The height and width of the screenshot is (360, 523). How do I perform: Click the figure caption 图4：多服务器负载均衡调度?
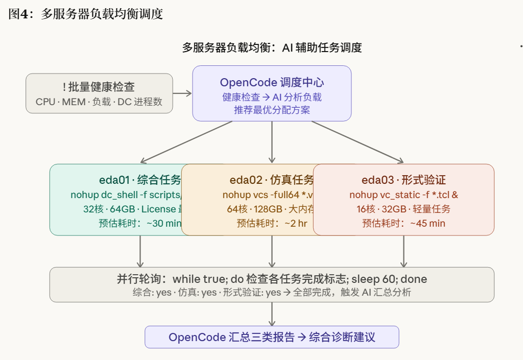tap(86, 14)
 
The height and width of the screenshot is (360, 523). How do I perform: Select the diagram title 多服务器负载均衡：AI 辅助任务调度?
tap(272, 48)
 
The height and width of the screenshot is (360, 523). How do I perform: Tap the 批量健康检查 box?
tap(99, 93)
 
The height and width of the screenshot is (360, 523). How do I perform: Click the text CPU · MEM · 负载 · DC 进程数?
tap(99, 102)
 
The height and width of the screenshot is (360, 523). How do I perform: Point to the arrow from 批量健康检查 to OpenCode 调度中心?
tap(182, 93)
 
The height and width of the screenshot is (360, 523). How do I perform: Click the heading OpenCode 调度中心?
tap(272, 83)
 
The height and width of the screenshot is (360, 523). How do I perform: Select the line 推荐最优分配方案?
tap(272, 110)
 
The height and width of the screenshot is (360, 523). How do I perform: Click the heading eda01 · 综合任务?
tap(140, 180)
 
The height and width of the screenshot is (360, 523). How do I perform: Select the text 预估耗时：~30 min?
tap(140, 223)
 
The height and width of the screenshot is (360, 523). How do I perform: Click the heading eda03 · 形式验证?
tap(403, 180)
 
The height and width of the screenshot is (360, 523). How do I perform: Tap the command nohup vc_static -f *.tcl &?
tap(403, 195)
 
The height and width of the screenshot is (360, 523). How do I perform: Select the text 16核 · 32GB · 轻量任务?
tap(403, 209)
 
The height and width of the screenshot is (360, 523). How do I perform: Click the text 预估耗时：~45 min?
tap(403, 223)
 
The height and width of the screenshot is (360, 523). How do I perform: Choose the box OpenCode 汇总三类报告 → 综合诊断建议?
tap(272, 337)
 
